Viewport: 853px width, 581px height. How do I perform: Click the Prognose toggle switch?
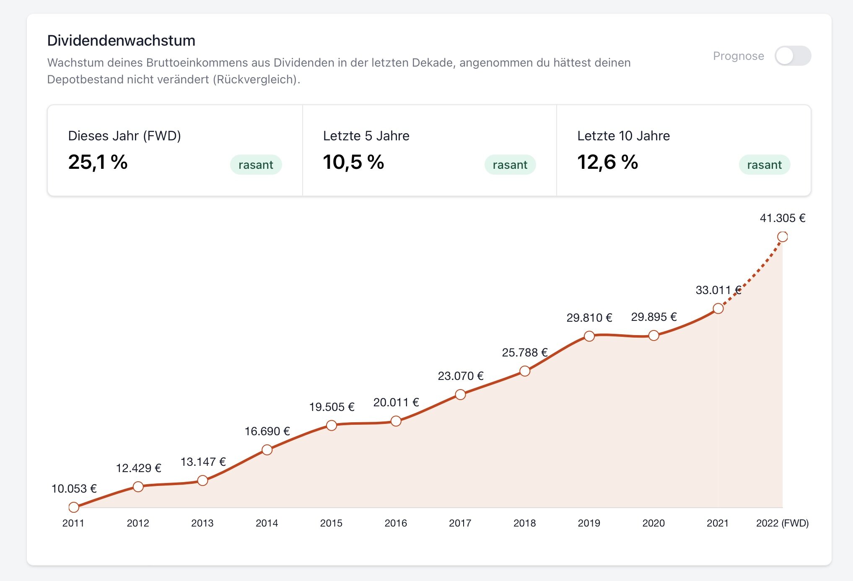click(x=793, y=56)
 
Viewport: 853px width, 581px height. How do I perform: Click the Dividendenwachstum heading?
click(x=121, y=41)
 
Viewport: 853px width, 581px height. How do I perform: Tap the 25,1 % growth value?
click(x=98, y=162)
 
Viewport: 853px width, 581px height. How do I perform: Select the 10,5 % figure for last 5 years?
click(x=353, y=162)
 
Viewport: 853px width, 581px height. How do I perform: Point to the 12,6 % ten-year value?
click(x=607, y=162)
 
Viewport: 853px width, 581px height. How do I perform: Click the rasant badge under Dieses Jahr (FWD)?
click(x=256, y=165)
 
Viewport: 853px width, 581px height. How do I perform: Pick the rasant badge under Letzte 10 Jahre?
click(x=764, y=165)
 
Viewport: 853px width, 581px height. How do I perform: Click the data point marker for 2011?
click(x=74, y=507)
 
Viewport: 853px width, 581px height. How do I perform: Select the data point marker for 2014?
click(x=267, y=450)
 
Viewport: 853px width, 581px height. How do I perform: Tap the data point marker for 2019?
click(x=589, y=336)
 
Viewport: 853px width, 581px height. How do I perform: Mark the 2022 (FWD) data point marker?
click(x=782, y=237)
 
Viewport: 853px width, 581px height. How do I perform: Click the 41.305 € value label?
click(x=782, y=218)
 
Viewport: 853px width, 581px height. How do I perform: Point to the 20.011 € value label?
click(x=396, y=402)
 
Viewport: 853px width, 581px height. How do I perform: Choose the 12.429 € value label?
click(x=138, y=468)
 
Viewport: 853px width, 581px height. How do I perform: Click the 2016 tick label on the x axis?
click(x=396, y=523)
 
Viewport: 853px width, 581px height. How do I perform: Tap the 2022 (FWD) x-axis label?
click(x=782, y=523)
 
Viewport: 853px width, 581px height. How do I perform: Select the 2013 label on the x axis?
click(x=202, y=523)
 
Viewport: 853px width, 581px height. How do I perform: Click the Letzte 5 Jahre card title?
click(x=366, y=136)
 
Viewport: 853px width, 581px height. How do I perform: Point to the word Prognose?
click(x=738, y=56)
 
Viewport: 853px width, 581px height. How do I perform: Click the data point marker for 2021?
click(x=718, y=309)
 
